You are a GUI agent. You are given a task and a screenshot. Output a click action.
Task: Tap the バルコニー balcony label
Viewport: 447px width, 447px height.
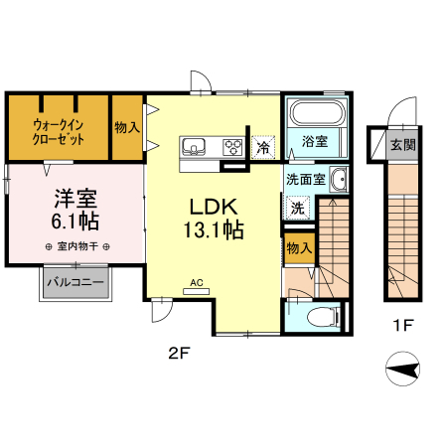(76, 283)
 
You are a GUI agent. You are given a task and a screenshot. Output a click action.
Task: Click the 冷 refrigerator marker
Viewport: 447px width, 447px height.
(263, 147)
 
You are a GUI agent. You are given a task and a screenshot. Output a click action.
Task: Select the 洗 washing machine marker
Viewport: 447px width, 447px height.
(297, 208)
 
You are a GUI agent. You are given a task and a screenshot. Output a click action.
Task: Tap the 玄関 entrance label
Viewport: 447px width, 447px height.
(402, 145)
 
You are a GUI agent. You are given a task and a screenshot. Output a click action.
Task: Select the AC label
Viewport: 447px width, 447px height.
(197, 283)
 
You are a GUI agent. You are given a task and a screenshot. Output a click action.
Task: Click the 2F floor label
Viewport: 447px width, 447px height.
(177, 352)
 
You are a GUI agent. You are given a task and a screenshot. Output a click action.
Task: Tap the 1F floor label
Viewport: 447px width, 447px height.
(401, 324)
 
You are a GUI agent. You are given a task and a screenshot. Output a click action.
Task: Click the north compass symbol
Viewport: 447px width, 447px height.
(402, 372)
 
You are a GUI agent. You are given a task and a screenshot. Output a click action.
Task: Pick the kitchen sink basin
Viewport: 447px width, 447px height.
(193, 147)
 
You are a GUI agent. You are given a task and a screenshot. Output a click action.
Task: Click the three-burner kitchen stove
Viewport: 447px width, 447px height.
(232, 147)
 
